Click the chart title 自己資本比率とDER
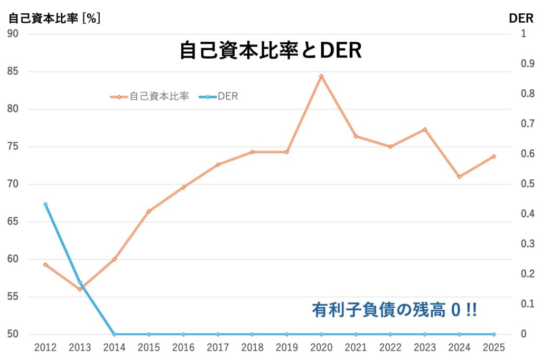tap(270, 51)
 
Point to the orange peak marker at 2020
tap(321, 76)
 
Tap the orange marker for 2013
tap(80, 289)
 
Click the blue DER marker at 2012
tap(45, 205)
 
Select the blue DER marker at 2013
tap(80, 282)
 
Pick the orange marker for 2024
tap(459, 177)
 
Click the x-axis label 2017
tap(218, 348)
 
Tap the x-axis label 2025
tap(493, 348)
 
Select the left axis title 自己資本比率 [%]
tap(54, 18)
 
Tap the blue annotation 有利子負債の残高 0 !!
tap(394, 310)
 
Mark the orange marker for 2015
tap(149, 211)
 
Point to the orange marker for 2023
tap(425, 130)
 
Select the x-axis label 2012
tap(45, 348)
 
